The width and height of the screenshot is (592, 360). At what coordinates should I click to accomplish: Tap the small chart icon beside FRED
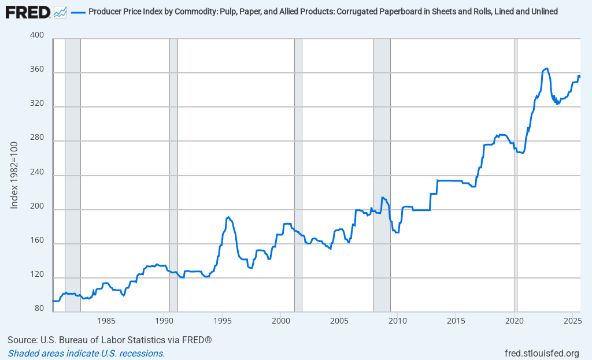(60, 11)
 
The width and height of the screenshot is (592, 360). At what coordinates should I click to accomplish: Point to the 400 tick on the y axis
(36, 35)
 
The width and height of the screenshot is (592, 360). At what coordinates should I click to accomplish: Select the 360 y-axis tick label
(36, 69)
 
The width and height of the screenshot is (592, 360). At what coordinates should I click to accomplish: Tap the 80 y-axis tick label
(39, 309)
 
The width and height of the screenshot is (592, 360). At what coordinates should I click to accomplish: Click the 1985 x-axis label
(106, 320)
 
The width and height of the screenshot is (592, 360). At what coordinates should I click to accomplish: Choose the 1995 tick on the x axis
(223, 320)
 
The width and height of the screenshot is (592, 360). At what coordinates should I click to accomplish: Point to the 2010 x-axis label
(398, 320)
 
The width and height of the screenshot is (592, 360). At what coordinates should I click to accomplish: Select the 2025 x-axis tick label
(572, 320)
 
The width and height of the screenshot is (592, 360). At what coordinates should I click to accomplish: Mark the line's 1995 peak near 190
(229, 217)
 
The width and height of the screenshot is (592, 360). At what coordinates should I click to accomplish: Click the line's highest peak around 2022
(546, 68)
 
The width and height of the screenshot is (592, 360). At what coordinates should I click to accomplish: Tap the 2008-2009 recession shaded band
(382, 173)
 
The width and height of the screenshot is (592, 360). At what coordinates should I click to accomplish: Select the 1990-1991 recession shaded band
(173, 173)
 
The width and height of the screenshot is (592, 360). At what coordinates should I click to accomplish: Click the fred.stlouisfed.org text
(542, 353)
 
